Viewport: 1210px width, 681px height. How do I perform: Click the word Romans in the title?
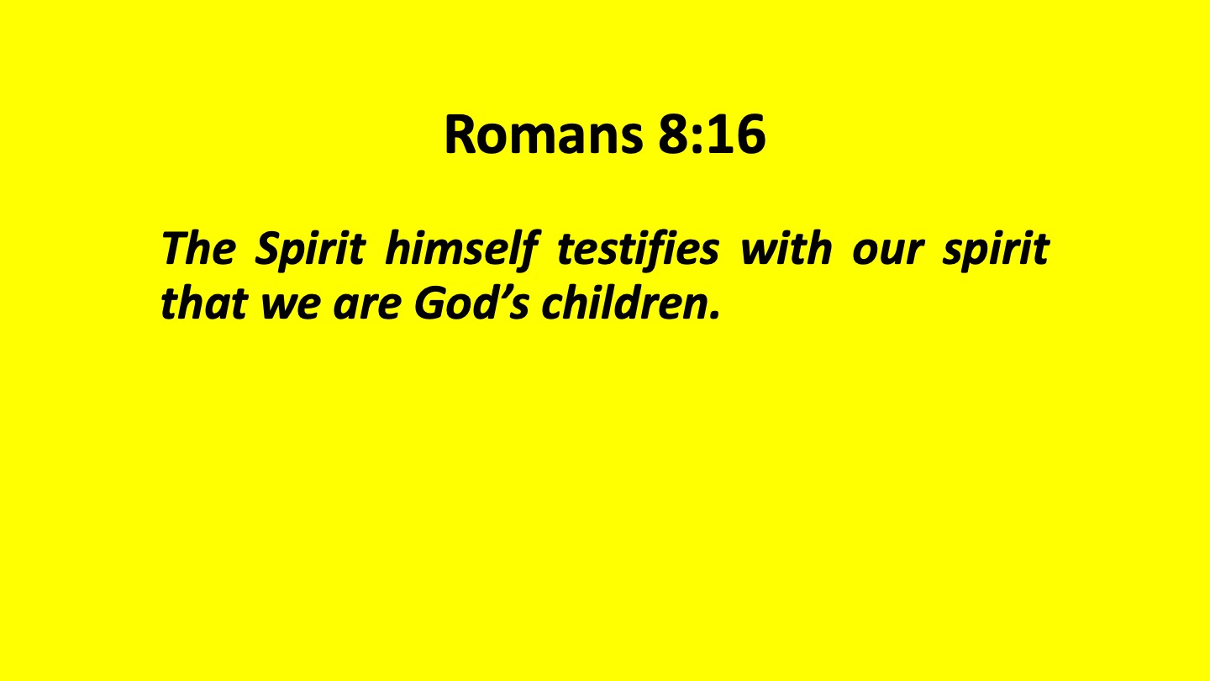(x=544, y=135)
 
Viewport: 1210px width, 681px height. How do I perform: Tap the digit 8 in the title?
(x=674, y=135)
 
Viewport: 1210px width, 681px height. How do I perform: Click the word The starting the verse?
(x=199, y=249)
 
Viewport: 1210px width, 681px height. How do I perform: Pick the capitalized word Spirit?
(x=310, y=250)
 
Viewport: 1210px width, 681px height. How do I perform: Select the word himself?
(x=462, y=250)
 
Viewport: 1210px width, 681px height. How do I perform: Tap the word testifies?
(x=638, y=250)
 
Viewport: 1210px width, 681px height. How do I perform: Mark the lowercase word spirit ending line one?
(x=996, y=251)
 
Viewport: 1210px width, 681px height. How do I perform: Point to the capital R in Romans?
(x=460, y=135)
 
